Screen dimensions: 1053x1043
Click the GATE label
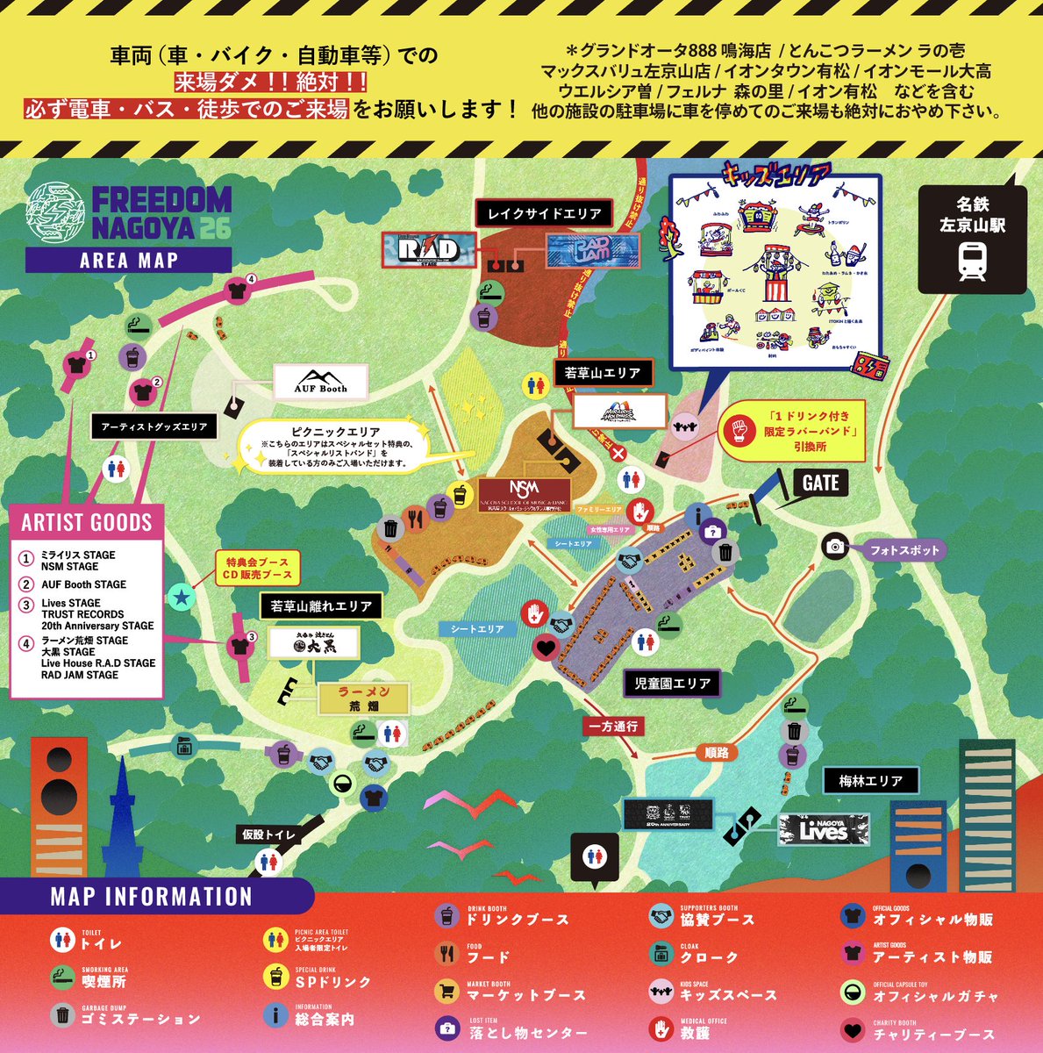tap(821, 483)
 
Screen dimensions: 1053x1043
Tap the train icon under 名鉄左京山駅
tap(971, 261)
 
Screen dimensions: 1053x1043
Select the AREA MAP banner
tap(128, 260)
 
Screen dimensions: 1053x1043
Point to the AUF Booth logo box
tap(320, 382)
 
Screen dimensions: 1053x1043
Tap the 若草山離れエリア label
tap(321, 605)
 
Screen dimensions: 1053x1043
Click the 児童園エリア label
tap(672, 683)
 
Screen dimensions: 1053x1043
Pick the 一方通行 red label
tap(614, 727)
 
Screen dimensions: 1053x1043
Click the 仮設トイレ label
tap(269, 835)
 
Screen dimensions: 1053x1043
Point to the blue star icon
tap(181, 598)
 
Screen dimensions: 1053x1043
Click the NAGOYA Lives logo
tap(824, 829)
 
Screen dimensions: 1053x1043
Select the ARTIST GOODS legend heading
tap(87, 523)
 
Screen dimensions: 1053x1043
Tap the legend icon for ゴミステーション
tap(62, 1015)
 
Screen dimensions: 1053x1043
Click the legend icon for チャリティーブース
tap(853, 1030)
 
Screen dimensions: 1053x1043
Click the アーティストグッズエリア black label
tap(154, 427)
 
